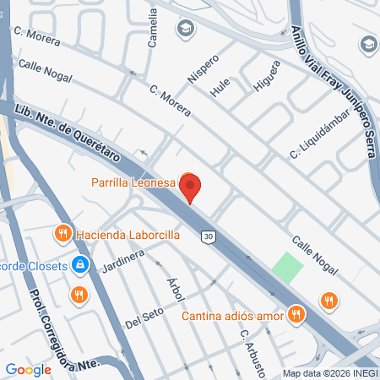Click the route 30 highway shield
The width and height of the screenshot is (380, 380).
coord(208,236)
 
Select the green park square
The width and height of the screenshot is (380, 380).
coord(287,268)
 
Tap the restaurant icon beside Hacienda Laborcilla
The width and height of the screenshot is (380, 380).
coord(62,233)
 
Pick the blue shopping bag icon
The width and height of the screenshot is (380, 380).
coord(79,265)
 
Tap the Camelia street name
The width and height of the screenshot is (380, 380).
coord(153,28)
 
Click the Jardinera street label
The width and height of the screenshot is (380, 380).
coord(119,262)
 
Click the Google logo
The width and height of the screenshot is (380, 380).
coord(29,369)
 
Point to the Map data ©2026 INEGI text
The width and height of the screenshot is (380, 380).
coord(329,373)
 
